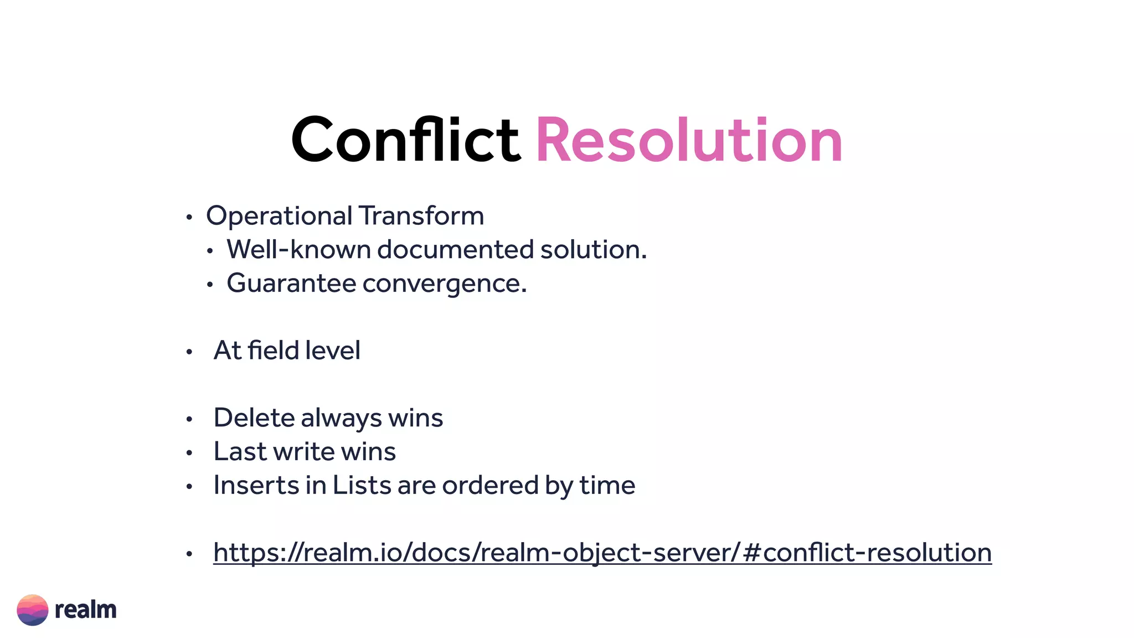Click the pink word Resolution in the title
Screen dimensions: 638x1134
click(x=689, y=141)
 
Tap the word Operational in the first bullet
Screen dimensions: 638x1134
click(x=279, y=216)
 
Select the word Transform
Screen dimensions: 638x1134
click(x=421, y=215)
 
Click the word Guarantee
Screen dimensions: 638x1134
click(x=291, y=283)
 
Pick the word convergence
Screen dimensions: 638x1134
click(x=444, y=284)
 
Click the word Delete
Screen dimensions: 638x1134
click(x=254, y=418)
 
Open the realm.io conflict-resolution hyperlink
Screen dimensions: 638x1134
click(x=602, y=553)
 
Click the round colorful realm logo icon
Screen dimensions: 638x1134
click(x=33, y=610)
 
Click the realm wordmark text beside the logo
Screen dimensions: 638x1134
click(x=86, y=610)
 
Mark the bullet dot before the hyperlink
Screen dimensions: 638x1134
click(x=189, y=553)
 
